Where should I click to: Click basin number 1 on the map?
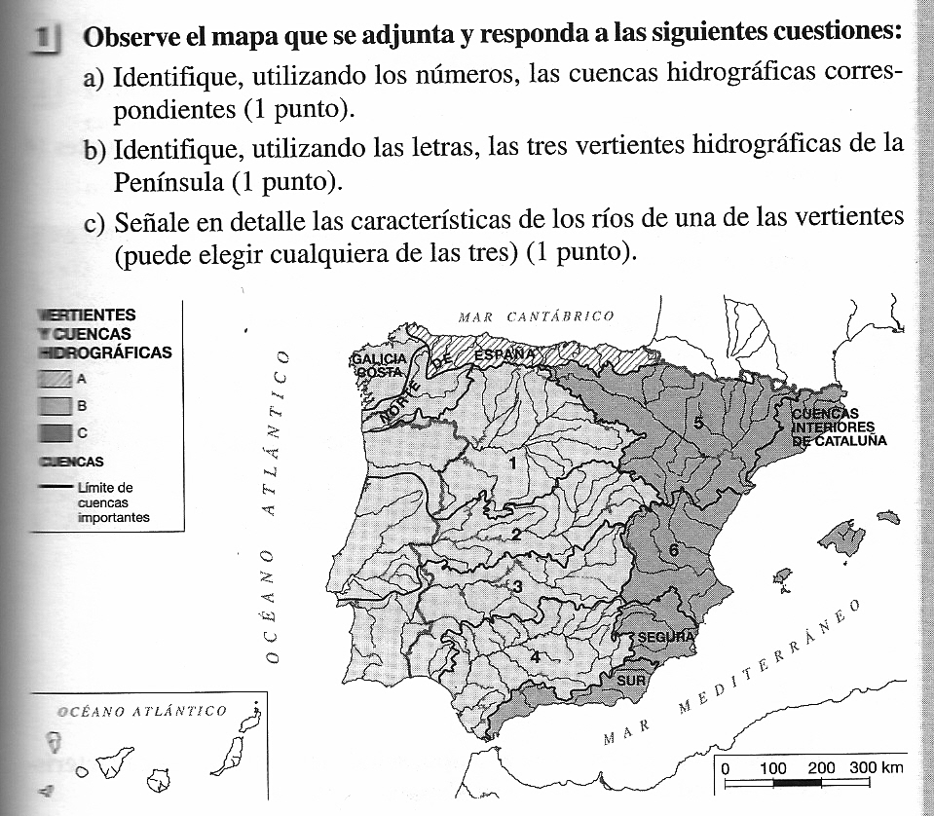coord(512,464)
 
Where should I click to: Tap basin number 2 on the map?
coord(516,535)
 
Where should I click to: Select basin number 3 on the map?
coord(518,586)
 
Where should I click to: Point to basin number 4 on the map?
coord(535,657)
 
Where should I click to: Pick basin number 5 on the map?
coord(698,422)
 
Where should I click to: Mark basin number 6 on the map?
coord(673,550)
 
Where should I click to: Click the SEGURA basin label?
coord(665,637)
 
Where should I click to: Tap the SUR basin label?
coord(631,680)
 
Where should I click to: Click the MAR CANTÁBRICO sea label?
coord(536,315)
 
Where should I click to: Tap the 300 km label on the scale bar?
coord(876,767)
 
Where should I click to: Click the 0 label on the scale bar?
coord(726,768)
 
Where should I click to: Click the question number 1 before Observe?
coord(43,39)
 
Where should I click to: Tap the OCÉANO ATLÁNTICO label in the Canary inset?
coord(142,711)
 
